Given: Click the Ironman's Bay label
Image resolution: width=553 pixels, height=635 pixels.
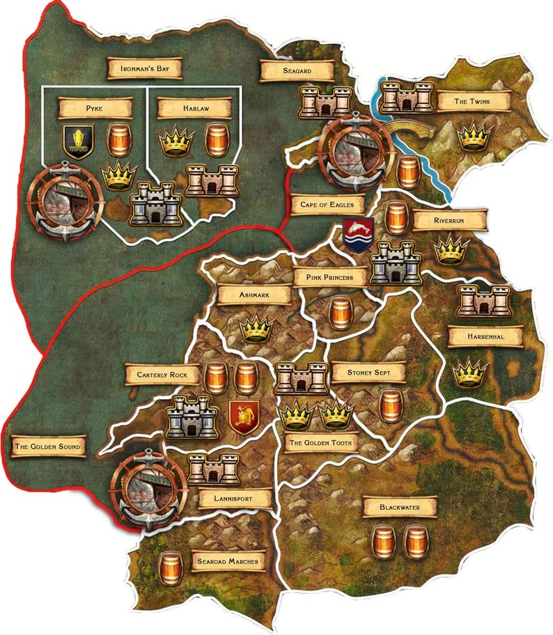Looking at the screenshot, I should pyautogui.click(x=144, y=68).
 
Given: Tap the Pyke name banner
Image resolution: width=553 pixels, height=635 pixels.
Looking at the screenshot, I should pyautogui.click(x=95, y=108).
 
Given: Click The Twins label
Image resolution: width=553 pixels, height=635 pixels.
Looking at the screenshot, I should pyautogui.click(x=472, y=102).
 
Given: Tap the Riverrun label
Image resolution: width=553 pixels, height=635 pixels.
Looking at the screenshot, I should pyautogui.click(x=449, y=220).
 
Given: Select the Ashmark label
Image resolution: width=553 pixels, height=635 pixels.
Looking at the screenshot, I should pyautogui.click(x=254, y=295).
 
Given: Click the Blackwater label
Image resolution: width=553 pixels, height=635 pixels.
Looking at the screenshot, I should pyautogui.click(x=400, y=508).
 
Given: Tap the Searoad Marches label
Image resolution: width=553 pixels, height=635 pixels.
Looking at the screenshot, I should pyautogui.click(x=228, y=561).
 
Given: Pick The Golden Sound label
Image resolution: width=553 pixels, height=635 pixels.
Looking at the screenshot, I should pyautogui.click(x=47, y=446).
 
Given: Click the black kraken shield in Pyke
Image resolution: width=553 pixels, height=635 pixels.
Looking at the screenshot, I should pyautogui.click(x=78, y=141).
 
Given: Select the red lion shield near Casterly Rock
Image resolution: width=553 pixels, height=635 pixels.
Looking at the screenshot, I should pyautogui.click(x=244, y=417).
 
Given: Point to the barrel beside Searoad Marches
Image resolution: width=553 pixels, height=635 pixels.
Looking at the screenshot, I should pyautogui.click(x=169, y=567).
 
